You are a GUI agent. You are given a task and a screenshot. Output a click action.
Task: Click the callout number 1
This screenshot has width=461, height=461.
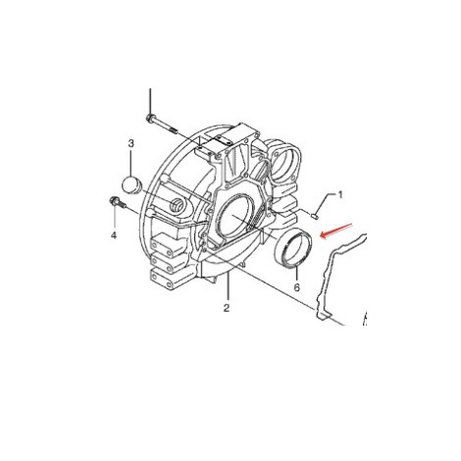click(340, 195)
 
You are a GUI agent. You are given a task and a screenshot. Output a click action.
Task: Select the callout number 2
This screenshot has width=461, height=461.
click(226, 307)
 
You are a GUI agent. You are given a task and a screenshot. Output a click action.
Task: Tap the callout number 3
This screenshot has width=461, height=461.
click(129, 145)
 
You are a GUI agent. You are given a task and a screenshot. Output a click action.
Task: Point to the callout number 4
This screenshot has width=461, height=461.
click(113, 235)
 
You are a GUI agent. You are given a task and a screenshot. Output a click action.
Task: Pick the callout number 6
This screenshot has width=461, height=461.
click(295, 288)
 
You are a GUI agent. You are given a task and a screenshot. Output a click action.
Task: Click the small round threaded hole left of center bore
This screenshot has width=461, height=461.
click(179, 205)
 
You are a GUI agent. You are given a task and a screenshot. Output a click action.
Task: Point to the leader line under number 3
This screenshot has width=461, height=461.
click(130, 162)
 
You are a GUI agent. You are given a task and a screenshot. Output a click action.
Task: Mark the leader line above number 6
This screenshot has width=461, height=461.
click(295, 274)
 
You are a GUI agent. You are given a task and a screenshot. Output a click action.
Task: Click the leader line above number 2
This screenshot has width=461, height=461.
click(226, 289)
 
